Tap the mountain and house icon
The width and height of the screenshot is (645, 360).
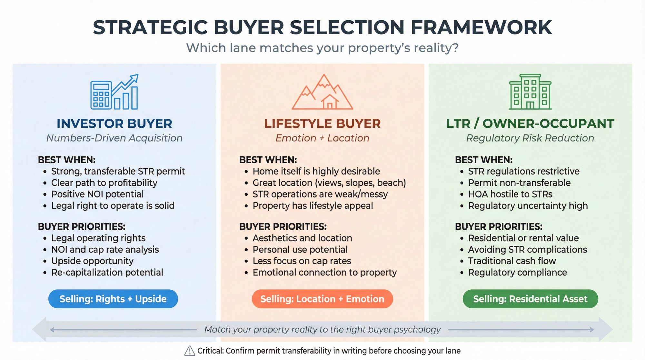point(322,93)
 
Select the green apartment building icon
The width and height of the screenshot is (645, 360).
point(530,92)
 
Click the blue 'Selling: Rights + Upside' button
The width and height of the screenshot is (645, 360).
point(113,299)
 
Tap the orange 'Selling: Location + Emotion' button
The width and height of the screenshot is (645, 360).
point(322,299)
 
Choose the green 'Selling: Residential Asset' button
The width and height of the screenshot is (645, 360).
point(530,299)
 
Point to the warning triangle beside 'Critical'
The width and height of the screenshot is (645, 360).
point(190,351)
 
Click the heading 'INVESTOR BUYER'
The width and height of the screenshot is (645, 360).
point(114,124)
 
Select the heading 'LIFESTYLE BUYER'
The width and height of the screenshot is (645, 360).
point(322,124)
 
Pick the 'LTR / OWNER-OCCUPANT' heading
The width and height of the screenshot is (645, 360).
point(530,124)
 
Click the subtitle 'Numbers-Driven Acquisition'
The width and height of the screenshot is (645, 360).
point(114,138)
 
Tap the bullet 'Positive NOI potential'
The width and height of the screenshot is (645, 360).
point(97,194)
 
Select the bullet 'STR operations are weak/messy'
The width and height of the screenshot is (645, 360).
point(320,194)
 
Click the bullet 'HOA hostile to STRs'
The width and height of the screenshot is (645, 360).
point(510,194)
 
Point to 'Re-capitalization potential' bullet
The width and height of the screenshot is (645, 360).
point(107,273)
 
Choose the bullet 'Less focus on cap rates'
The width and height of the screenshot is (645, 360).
point(302,261)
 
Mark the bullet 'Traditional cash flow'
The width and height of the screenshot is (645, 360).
point(512,261)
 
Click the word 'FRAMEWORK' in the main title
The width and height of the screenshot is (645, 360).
point(481,27)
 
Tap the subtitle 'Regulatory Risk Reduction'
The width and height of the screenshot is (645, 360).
point(530,138)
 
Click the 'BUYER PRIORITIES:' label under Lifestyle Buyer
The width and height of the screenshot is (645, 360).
point(283,226)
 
